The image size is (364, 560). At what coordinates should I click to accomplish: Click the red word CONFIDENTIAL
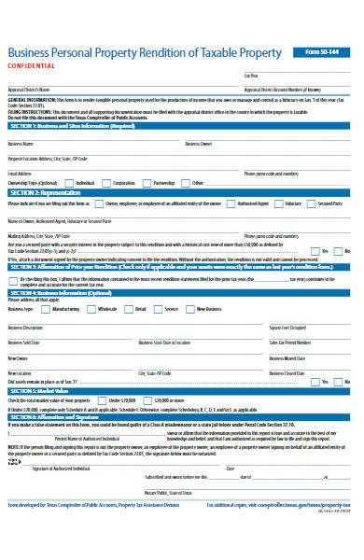coord(32,67)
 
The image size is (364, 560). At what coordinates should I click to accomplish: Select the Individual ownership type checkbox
coord(70,183)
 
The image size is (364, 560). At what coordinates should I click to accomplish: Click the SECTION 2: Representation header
coord(47,192)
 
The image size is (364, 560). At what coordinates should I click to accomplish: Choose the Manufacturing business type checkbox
coord(49,307)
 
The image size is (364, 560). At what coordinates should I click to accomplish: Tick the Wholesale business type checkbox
coord(93,307)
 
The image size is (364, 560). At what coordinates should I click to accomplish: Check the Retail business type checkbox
coord(130,307)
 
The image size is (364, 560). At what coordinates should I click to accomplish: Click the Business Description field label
coord(26,328)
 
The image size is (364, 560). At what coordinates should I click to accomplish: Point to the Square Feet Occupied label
coord(287,328)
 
